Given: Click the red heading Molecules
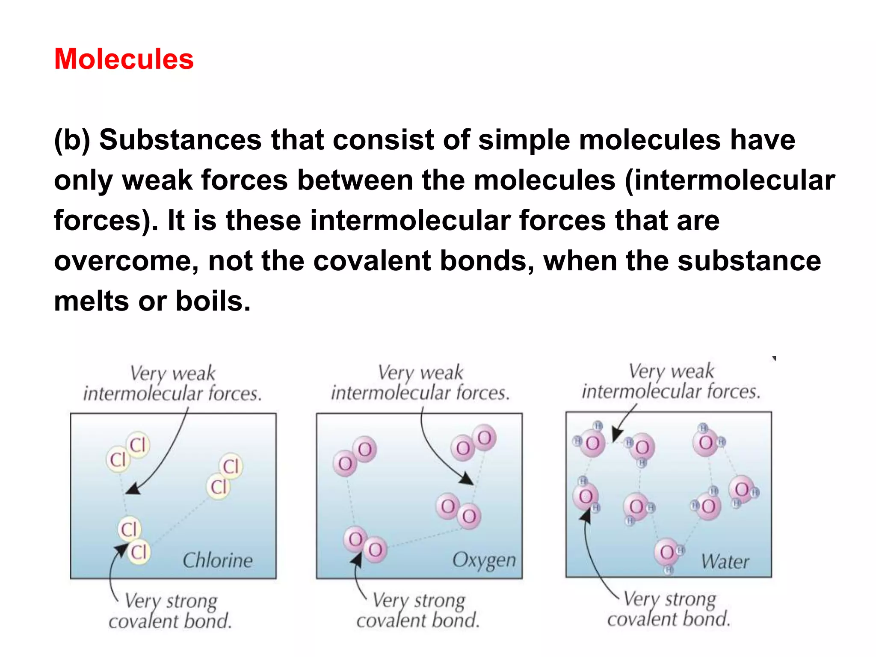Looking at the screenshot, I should (124, 59).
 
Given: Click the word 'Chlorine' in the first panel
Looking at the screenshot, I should (218, 560).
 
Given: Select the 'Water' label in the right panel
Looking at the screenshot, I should (725, 562).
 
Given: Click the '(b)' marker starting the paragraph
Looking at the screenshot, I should (72, 140).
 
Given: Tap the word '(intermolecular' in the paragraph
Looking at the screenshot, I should (730, 180).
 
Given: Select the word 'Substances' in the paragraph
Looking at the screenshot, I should (180, 140).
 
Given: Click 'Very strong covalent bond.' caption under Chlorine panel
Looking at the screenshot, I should (170, 611).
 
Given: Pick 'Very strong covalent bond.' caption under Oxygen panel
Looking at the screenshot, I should (418, 610).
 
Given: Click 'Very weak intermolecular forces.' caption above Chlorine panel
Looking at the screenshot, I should (172, 384).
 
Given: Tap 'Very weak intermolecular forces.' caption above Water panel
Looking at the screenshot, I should (671, 381).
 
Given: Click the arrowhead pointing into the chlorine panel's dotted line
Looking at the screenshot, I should (133, 489).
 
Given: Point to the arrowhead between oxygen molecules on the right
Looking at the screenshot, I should (467, 479).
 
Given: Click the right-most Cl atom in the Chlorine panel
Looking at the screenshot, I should (231, 466).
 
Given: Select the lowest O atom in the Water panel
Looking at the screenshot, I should (666, 552).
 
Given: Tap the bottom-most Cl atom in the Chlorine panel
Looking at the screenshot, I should (139, 552).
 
